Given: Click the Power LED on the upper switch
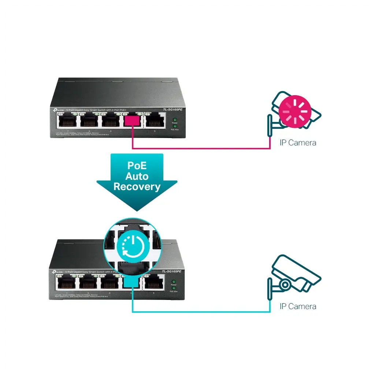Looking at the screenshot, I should [175, 120].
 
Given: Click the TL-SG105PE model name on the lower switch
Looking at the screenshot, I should [172, 272].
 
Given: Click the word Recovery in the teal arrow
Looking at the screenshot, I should [137, 187].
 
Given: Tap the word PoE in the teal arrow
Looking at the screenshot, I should [137, 166].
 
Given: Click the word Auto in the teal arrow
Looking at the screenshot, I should [137, 176].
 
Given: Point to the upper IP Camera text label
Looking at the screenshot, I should [297, 143].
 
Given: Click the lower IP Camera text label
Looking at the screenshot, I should [297, 306].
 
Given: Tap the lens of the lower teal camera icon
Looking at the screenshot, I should [285, 284].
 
